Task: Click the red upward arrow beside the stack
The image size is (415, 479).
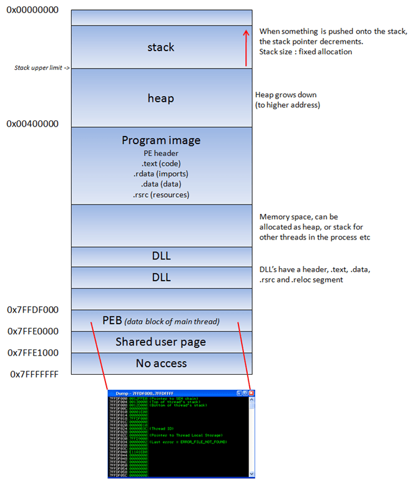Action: point(248,47)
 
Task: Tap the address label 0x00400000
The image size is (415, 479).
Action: point(32,124)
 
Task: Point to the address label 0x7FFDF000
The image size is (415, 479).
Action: point(32,310)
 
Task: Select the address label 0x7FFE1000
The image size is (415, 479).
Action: point(32,352)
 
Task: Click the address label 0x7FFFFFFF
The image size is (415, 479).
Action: point(34,374)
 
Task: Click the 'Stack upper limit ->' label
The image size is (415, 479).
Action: point(41,67)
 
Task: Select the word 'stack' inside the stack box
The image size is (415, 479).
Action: point(161,47)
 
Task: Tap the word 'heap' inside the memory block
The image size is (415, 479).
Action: point(161,99)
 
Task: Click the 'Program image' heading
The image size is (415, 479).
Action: point(161,141)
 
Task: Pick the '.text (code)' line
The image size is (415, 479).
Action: point(161,163)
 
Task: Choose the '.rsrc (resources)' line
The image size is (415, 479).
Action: point(161,195)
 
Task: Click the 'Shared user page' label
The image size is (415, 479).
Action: point(160,342)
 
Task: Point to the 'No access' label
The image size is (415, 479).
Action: point(161,363)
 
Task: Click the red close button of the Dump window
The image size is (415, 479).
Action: point(251,394)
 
